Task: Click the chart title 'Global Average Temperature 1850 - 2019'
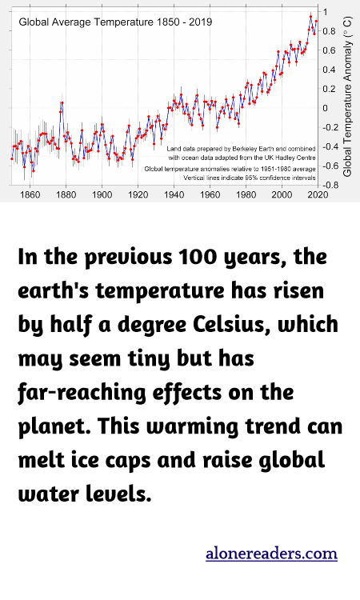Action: pyautogui.click(x=115, y=22)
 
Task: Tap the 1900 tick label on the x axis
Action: pyautogui.click(x=102, y=194)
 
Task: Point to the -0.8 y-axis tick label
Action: pyautogui.click(x=327, y=185)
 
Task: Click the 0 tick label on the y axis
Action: pyautogui.click(x=325, y=108)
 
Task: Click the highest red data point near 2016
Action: pyautogui.click(x=310, y=15)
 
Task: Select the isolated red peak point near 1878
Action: pyautogui.click(x=62, y=102)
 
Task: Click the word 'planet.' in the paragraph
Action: pyautogui.click(x=52, y=427)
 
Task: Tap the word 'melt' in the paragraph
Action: pyautogui.click(x=41, y=461)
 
